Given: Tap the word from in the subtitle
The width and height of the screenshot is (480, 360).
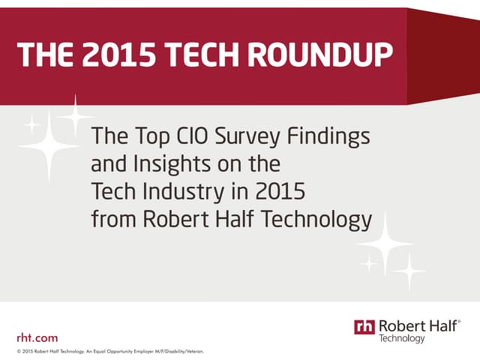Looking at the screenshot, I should [x=112, y=220].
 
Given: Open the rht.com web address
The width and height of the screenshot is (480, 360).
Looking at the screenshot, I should [x=37, y=337].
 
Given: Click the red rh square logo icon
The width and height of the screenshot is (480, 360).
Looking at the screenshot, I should [x=364, y=327].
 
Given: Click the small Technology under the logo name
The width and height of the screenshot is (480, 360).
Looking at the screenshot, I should [x=402, y=339].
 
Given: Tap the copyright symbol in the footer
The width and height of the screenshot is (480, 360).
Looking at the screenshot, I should [x=18, y=351].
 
